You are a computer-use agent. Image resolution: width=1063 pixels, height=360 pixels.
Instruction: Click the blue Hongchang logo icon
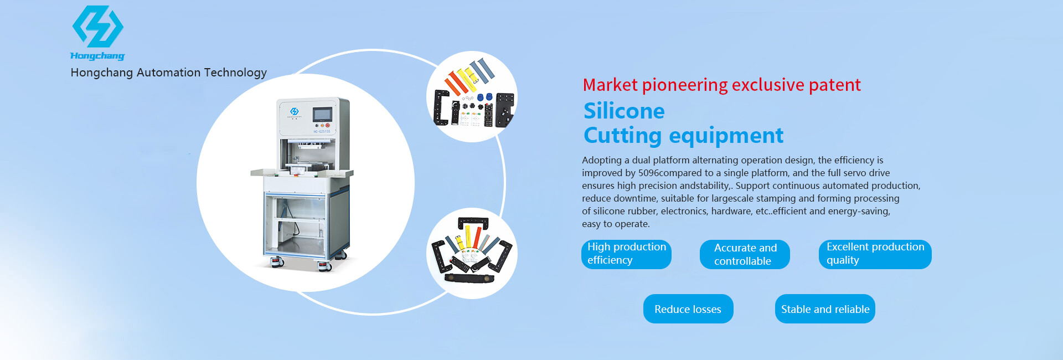98,26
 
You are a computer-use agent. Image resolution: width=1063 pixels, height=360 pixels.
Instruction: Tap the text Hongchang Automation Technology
169,73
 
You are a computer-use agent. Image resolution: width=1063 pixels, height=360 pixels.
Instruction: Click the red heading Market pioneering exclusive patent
721,85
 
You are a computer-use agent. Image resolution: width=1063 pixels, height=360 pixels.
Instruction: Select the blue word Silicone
624,111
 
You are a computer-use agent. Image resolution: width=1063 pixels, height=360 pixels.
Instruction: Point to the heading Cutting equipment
683,136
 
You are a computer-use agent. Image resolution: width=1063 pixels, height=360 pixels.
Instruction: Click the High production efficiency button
626,254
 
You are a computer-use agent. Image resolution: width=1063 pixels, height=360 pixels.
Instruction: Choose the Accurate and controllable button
745,254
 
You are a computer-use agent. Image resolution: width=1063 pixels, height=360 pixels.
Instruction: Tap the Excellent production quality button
875,254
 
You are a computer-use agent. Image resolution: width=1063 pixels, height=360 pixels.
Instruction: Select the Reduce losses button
688,309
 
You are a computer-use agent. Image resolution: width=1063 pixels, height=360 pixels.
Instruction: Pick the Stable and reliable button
825,309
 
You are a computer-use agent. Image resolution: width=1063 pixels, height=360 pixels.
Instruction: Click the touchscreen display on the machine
322,115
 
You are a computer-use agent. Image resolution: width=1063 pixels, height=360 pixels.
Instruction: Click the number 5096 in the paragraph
648,173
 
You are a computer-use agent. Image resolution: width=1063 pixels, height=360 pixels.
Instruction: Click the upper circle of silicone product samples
472,96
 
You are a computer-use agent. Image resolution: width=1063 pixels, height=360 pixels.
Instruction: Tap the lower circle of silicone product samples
472,253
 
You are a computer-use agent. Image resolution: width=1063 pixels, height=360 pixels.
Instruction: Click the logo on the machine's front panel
295,112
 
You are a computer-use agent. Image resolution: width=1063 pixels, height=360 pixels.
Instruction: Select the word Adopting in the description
602,160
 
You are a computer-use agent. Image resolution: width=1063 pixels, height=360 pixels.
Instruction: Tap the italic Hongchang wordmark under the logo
97,55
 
